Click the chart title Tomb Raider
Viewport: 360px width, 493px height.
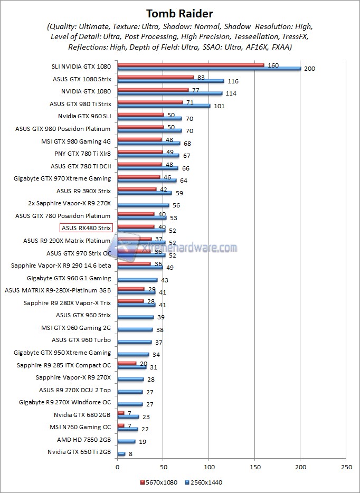179,13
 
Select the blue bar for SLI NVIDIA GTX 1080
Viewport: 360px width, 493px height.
209,69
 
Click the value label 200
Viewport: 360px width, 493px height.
309,69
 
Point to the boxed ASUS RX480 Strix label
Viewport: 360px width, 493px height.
86,228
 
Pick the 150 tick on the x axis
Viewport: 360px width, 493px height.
255,467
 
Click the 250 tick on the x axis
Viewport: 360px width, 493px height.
347,467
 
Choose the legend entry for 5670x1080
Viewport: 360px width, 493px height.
159,482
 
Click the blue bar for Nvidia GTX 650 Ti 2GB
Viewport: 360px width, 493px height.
121,454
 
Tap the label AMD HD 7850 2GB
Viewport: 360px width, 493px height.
84,439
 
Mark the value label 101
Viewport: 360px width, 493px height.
219,106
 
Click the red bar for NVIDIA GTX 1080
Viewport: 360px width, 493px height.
153,90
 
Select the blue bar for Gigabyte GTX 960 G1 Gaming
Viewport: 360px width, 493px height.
137,280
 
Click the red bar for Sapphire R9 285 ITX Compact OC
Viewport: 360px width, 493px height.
127,363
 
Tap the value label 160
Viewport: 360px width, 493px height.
273,65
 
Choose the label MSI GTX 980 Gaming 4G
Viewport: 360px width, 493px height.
76,141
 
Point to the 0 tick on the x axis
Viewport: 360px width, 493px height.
117,467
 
